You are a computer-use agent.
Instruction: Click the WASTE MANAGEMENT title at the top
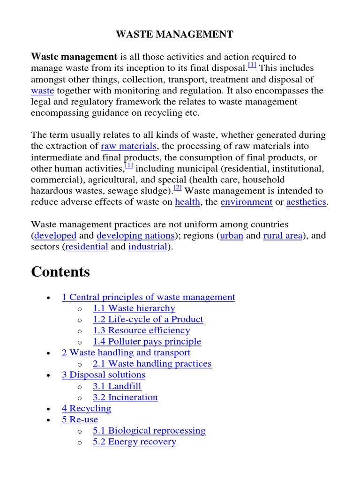(174, 34)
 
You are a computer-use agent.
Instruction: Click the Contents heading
(60, 272)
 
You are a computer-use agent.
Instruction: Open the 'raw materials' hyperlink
(128, 146)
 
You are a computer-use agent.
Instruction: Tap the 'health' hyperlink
(187, 202)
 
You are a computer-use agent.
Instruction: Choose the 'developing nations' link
(135, 235)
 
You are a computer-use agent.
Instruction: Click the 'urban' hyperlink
(232, 235)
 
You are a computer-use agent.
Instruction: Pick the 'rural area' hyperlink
(283, 235)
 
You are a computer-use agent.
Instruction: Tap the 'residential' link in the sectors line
(87, 247)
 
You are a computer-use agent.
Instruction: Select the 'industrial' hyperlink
(148, 247)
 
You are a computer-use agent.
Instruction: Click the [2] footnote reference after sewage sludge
(177, 188)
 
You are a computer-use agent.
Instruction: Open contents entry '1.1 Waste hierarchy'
(134, 308)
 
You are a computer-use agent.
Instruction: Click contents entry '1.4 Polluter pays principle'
(147, 341)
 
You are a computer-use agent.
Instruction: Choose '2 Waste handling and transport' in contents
(126, 352)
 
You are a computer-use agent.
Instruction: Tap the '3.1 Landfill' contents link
(117, 386)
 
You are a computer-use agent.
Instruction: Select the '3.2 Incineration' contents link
(126, 397)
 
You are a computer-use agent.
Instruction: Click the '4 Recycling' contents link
(87, 408)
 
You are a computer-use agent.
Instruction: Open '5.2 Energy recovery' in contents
(135, 442)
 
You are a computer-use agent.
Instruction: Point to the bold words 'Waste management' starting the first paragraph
(74, 57)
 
